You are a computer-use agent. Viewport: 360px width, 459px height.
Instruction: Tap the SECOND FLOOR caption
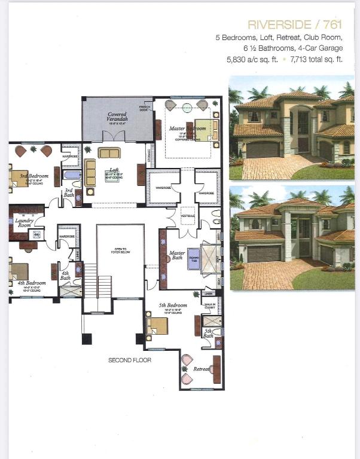130,360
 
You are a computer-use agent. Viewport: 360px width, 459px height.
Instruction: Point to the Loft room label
112,171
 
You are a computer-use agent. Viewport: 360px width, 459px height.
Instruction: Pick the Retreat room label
201,369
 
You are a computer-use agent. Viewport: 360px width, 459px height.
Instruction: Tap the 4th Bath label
65,276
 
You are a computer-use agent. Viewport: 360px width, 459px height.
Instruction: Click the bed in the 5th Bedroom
157,326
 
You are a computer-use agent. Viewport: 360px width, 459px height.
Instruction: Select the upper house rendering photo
291,127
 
